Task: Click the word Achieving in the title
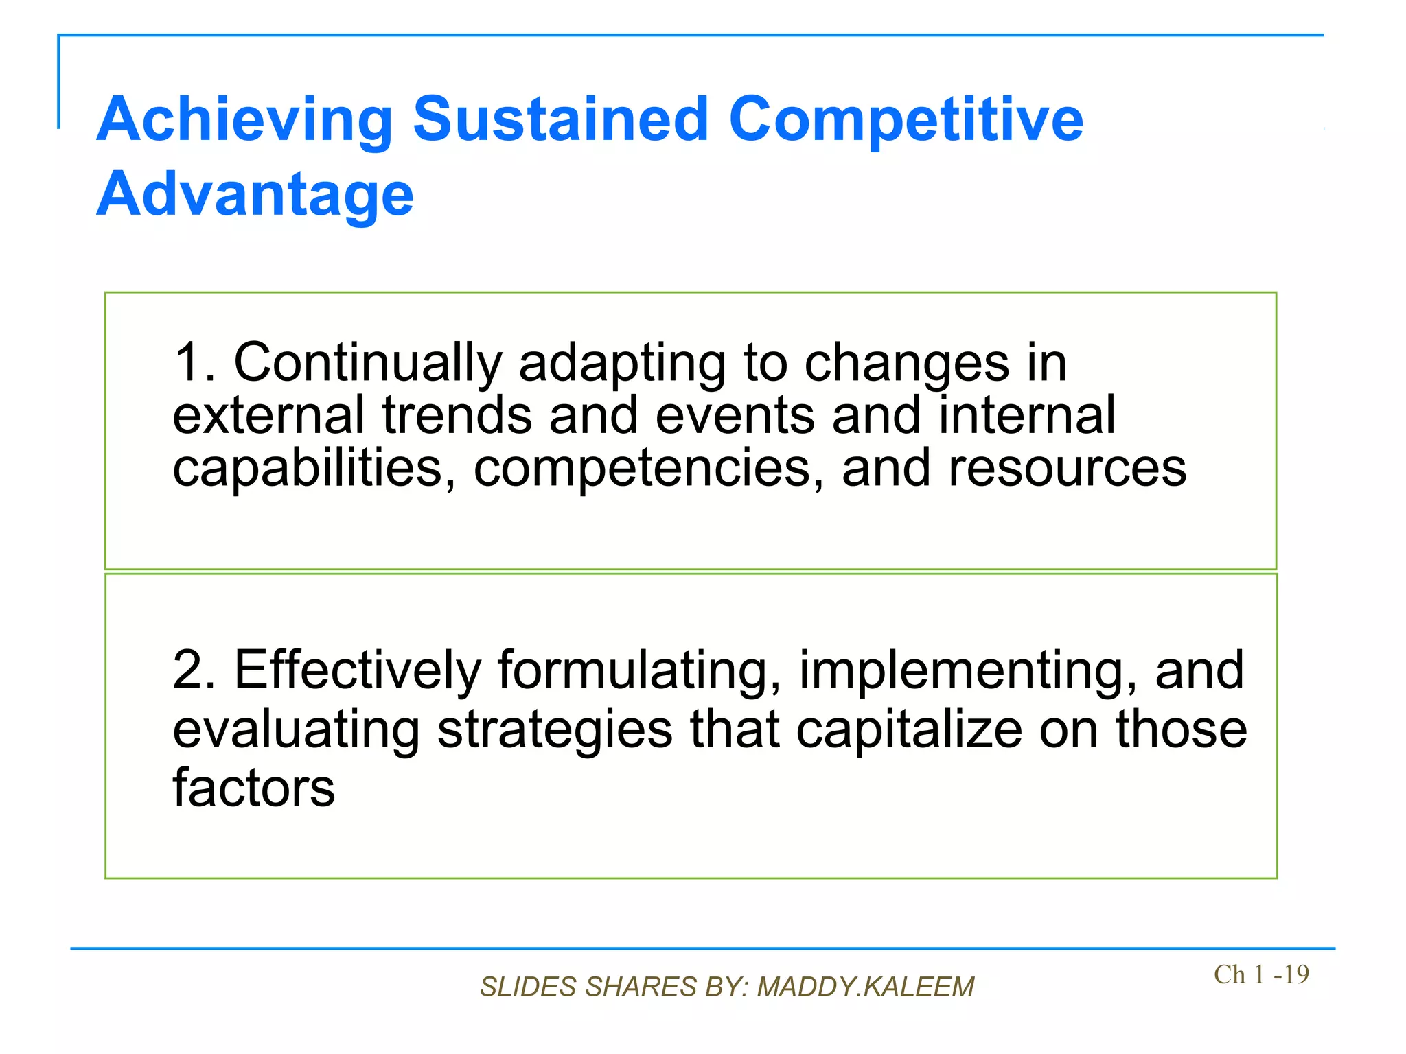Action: [x=244, y=121]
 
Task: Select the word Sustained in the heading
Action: [x=560, y=119]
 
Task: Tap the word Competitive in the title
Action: [x=906, y=121]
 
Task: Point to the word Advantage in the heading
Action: [x=255, y=195]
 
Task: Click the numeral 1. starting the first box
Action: [x=195, y=362]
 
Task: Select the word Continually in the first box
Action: [x=368, y=362]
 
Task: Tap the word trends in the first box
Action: [x=457, y=416]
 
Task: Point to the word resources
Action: [x=1067, y=468]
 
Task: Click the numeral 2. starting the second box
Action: [x=194, y=670]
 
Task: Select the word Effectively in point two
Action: [x=358, y=670]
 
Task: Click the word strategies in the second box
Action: [x=555, y=730]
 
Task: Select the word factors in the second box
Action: [x=253, y=788]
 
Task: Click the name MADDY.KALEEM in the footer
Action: [x=865, y=987]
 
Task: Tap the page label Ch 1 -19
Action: [x=1261, y=974]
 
